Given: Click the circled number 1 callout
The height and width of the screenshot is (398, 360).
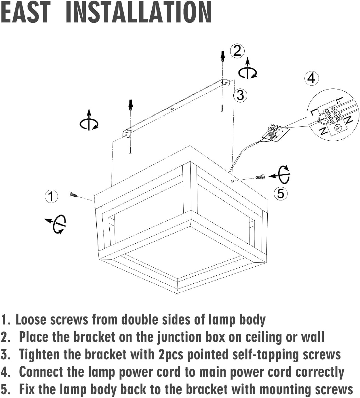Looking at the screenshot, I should click(x=51, y=196).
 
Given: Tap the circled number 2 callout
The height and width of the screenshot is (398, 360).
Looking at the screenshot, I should click(x=237, y=51).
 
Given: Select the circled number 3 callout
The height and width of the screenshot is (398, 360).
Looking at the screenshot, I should click(x=240, y=95).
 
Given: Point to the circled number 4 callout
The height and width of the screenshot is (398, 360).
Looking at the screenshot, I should click(x=311, y=78).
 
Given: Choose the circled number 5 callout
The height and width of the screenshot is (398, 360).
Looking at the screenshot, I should click(x=281, y=193).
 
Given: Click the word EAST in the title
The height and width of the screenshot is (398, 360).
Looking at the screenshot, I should click(x=25, y=12).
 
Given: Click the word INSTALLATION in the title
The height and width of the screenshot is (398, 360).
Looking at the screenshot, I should click(x=138, y=12).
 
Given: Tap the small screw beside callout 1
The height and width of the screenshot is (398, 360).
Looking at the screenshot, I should click(x=74, y=195).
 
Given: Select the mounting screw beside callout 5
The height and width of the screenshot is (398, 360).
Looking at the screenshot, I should click(x=260, y=177).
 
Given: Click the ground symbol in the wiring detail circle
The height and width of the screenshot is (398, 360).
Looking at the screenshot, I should click(x=338, y=128).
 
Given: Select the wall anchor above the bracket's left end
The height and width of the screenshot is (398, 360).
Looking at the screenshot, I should click(x=131, y=105).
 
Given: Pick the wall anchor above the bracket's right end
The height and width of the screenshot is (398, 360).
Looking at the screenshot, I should click(x=222, y=56).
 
